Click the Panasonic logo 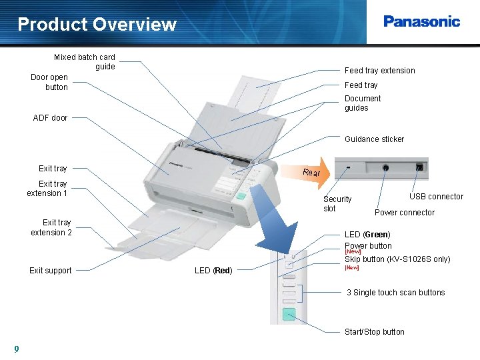(x=421, y=21)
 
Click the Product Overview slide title (x=97, y=25)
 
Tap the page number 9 (x=16, y=349)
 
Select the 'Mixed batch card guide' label (x=85, y=62)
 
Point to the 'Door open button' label (x=50, y=82)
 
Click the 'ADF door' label (x=51, y=118)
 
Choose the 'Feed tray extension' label (x=379, y=71)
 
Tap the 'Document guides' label (x=363, y=103)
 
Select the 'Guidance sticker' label (x=374, y=139)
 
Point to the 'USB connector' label (x=436, y=197)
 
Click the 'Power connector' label (x=404, y=213)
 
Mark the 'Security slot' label (x=337, y=204)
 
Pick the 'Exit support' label (x=51, y=271)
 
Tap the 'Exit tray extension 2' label (x=51, y=227)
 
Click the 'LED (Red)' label (x=213, y=271)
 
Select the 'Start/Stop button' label (x=374, y=332)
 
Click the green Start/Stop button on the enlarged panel (x=289, y=315)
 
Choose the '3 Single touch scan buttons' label (x=395, y=293)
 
